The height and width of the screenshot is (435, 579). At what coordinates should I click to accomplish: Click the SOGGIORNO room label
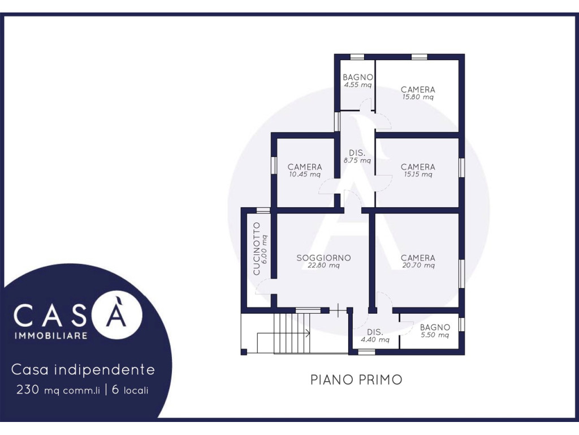[323, 258]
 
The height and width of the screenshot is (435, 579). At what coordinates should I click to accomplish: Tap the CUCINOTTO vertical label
[257, 249]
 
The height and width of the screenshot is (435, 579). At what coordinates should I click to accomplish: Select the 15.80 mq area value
[418, 97]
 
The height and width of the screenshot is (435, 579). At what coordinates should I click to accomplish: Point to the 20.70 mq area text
[418, 265]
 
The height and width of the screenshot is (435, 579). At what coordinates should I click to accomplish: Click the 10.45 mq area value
[305, 174]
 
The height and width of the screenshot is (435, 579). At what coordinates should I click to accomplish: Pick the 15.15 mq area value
[418, 174]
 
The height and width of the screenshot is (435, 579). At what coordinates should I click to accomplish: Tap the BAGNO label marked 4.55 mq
[357, 77]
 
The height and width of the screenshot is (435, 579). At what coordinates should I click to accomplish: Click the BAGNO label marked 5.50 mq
[435, 327]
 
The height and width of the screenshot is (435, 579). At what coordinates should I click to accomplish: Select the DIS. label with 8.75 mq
[357, 153]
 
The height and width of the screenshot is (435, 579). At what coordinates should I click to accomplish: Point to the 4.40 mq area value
[375, 340]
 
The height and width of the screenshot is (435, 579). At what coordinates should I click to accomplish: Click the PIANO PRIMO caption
[356, 380]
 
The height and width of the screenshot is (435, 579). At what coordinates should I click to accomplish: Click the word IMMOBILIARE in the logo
[50, 335]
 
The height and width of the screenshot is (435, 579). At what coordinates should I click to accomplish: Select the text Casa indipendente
[83, 369]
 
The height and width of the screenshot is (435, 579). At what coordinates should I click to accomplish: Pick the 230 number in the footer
[27, 390]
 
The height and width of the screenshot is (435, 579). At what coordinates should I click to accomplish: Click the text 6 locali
[130, 390]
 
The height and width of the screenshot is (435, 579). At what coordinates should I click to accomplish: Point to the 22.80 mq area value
[323, 265]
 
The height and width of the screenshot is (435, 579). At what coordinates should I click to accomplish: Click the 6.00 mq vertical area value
[264, 249]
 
